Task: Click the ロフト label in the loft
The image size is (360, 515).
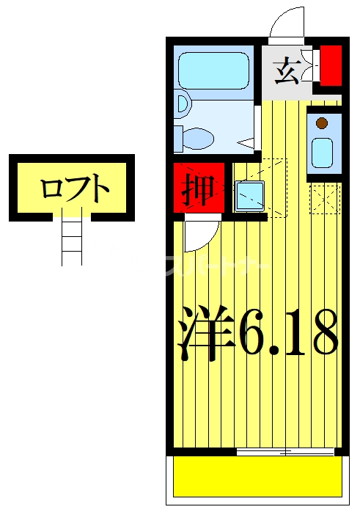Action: [x=74, y=189]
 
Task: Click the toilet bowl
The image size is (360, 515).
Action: [x=196, y=137]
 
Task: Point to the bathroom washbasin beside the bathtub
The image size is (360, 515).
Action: [x=183, y=104]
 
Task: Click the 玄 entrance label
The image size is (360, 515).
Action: [x=287, y=71]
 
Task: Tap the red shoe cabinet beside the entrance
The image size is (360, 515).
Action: [x=331, y=65]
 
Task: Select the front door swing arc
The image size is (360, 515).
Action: [x=286, y=23]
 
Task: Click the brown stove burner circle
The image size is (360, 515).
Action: [x=321, y=123]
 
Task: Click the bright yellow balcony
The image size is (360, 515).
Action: [x=257, y=476]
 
